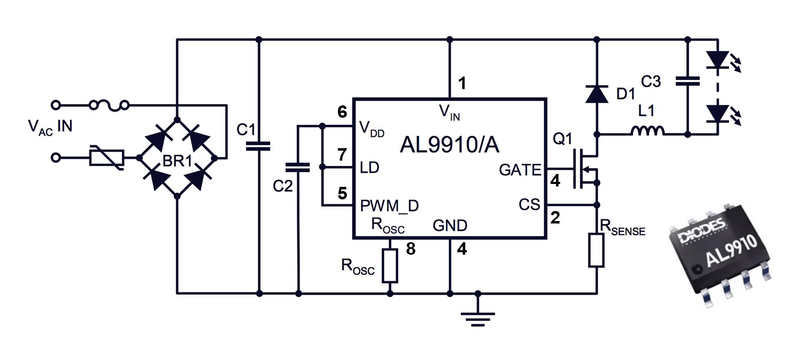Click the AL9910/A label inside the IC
(449, 145)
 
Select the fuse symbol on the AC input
(109, 105)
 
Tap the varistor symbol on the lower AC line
(107, 158)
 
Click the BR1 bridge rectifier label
(177, 161)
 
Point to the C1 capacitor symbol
(258, 146)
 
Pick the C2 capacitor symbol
(298, 167)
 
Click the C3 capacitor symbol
(687, 81)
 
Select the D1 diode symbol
(596, 94)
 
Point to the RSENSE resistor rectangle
(596, 250)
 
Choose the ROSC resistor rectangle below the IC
(390, 266)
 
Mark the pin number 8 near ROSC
(411, 249)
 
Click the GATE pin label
(520, 170)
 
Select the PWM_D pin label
(389, 206)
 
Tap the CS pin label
(529, 204)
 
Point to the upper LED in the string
(718, 60)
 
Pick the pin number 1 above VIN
(462, 83)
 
